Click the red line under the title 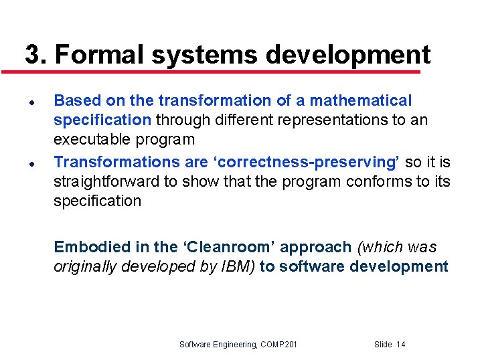click(x=221, y=71)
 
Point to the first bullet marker click(x=31, y=101)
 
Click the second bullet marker click(x=31, y=163)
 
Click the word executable click(x=92, y=140)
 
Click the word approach click(x=315, y=247)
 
